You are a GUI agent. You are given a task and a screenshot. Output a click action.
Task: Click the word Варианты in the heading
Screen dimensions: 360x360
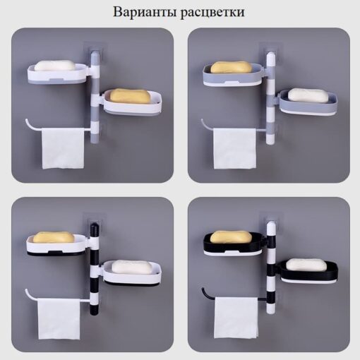click(x=145, y=12)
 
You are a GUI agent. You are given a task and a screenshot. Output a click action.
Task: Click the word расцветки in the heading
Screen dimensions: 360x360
click(x=212, y=13)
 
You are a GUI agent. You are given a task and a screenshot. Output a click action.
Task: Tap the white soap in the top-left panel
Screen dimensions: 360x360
click(x=54, y=66)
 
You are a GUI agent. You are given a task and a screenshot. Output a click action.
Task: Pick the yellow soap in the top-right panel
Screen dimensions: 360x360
click(x=231, y=67)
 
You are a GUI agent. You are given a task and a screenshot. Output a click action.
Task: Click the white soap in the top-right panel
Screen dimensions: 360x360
click(x=308, y=95)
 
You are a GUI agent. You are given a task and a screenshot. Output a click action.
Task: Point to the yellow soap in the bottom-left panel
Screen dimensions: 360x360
click(x=54, y=237)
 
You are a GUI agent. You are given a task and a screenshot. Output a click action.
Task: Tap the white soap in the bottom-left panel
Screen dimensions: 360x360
click(x=131, y=267)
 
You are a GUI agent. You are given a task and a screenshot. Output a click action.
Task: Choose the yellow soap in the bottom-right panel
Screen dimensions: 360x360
click(x=231, y=236)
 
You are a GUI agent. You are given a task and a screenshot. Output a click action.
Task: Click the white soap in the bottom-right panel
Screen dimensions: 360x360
click(x=306, y=264)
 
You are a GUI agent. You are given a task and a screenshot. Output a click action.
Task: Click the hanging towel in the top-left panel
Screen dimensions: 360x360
click(x=63, y=148)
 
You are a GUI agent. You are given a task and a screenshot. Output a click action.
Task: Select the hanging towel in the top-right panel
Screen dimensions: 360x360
click(x=234, y=148)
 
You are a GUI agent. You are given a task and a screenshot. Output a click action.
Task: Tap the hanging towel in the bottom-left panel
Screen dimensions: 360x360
click(x=59, y=318)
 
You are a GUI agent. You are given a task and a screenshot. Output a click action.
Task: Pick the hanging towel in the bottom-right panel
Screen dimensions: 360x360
click(x=236, y=318)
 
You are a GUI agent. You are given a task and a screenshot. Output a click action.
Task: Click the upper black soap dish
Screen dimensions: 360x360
click(x=232, y=242)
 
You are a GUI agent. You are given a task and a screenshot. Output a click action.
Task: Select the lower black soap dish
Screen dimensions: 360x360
click(x=309, y=270)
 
